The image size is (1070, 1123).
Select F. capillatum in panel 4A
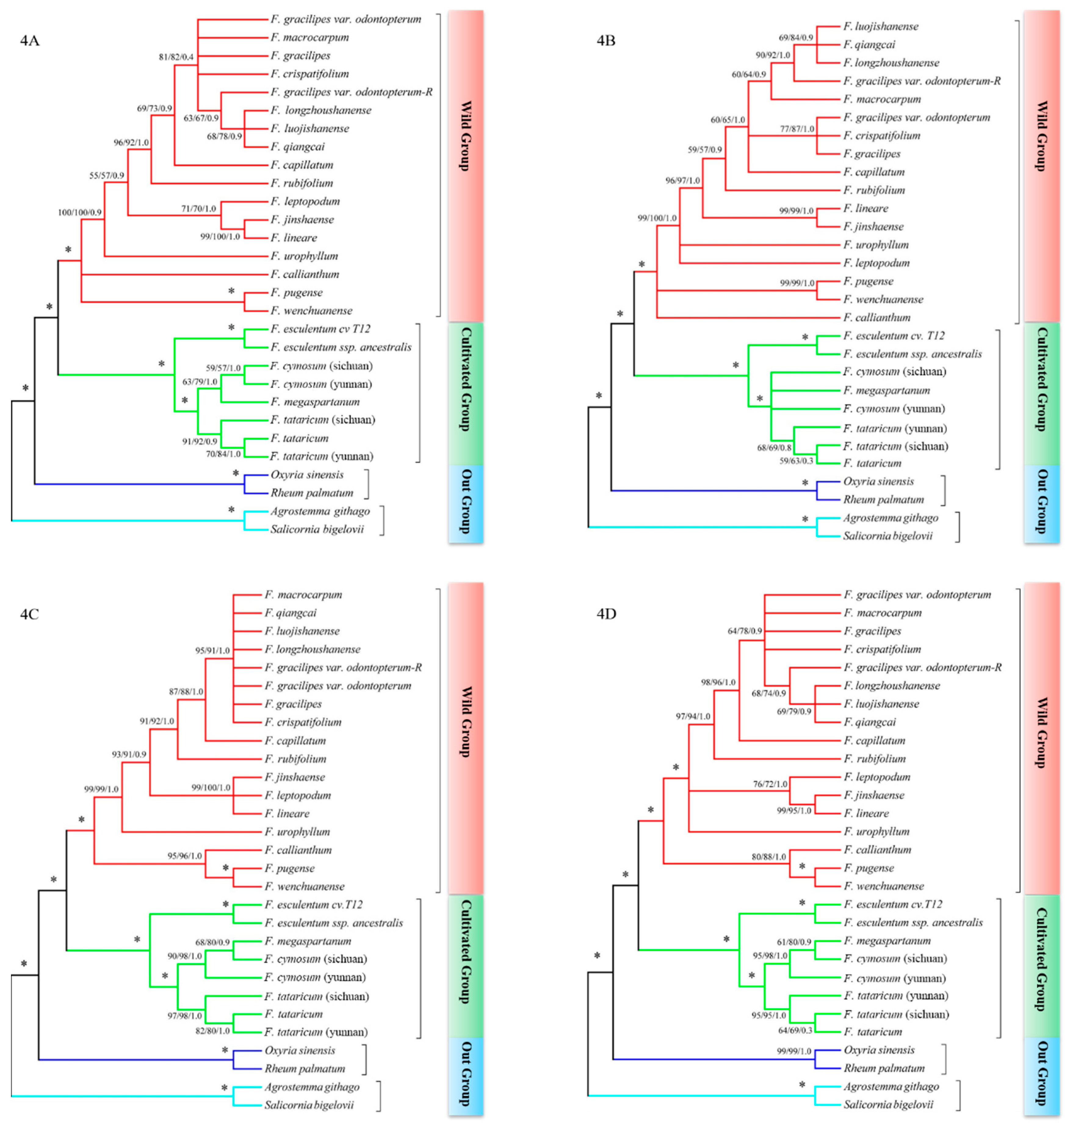click(302, 165)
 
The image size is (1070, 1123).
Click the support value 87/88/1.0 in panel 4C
click(186, 691)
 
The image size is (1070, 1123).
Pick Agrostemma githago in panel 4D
click(891, 1086)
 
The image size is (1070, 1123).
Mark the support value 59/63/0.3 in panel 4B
click(796, 461)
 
